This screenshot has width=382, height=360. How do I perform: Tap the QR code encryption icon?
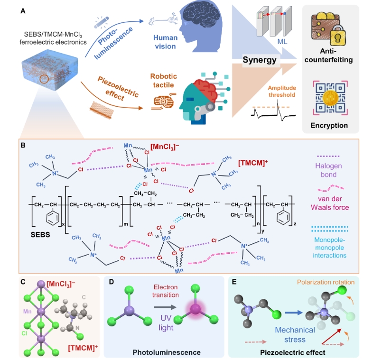click(x=330, y=98)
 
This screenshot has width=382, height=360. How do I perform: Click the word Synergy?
click(x=260, y=60)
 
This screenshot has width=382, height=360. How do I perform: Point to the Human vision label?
click(x=166, y=42)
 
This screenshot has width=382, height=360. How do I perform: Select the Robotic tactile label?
click(x=163, y=81)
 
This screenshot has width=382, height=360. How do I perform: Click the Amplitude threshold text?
click(x=282, y=92)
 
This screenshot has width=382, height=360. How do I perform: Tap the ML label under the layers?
click(x=282, y=42)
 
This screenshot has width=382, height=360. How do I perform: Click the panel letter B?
click(x=23, y=146)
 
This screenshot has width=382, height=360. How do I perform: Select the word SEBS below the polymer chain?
click(x=40, y=235)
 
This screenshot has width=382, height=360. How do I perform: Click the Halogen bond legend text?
click(x=328, y=170)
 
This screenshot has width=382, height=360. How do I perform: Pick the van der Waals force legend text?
click(x=330, y=203)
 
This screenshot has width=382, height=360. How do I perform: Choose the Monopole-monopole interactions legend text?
click(x=330, y=248)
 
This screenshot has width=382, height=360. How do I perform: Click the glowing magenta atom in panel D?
click(x=195, y=309)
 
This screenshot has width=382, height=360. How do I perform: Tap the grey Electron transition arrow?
click(x=165, y=307)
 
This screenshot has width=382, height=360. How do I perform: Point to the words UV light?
click(x=166, y=323)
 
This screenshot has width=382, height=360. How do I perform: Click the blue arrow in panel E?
click(x=294, y=313)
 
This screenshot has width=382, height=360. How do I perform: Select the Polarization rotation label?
click(x=326, y=282)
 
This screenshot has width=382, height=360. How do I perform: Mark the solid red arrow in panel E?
click(x=331, y=336)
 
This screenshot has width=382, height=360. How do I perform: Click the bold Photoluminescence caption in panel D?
click(x=167, y=352)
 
